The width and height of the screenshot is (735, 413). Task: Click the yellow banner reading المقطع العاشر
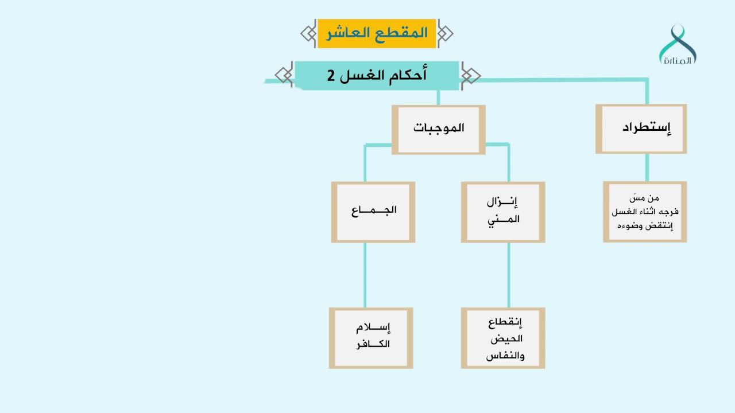(377, 33)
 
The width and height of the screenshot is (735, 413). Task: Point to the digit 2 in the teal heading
(331, 76)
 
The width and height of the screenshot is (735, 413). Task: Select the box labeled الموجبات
(438, 128)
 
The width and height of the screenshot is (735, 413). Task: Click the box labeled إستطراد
(641, 128)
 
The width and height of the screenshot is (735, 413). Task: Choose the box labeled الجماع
(373, 212)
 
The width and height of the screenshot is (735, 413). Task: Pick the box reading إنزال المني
(502, 212)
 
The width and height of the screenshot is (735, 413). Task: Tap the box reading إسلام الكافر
(371, 337)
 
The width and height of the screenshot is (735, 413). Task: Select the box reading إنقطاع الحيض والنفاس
(502, 337)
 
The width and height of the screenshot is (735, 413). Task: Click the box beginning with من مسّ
(644, 212)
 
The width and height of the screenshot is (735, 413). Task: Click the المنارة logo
(678, 45)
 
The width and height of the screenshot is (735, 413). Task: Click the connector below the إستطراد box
(647, 167)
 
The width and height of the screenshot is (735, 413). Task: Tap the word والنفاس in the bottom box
(505, 356)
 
